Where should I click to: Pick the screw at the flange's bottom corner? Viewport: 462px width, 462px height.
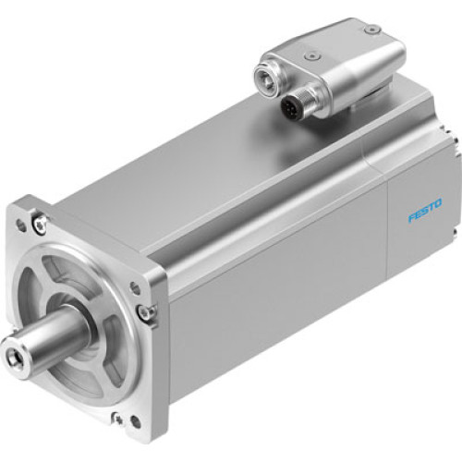pos(117,418)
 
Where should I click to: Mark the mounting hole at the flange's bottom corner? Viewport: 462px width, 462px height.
pos(134,423)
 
